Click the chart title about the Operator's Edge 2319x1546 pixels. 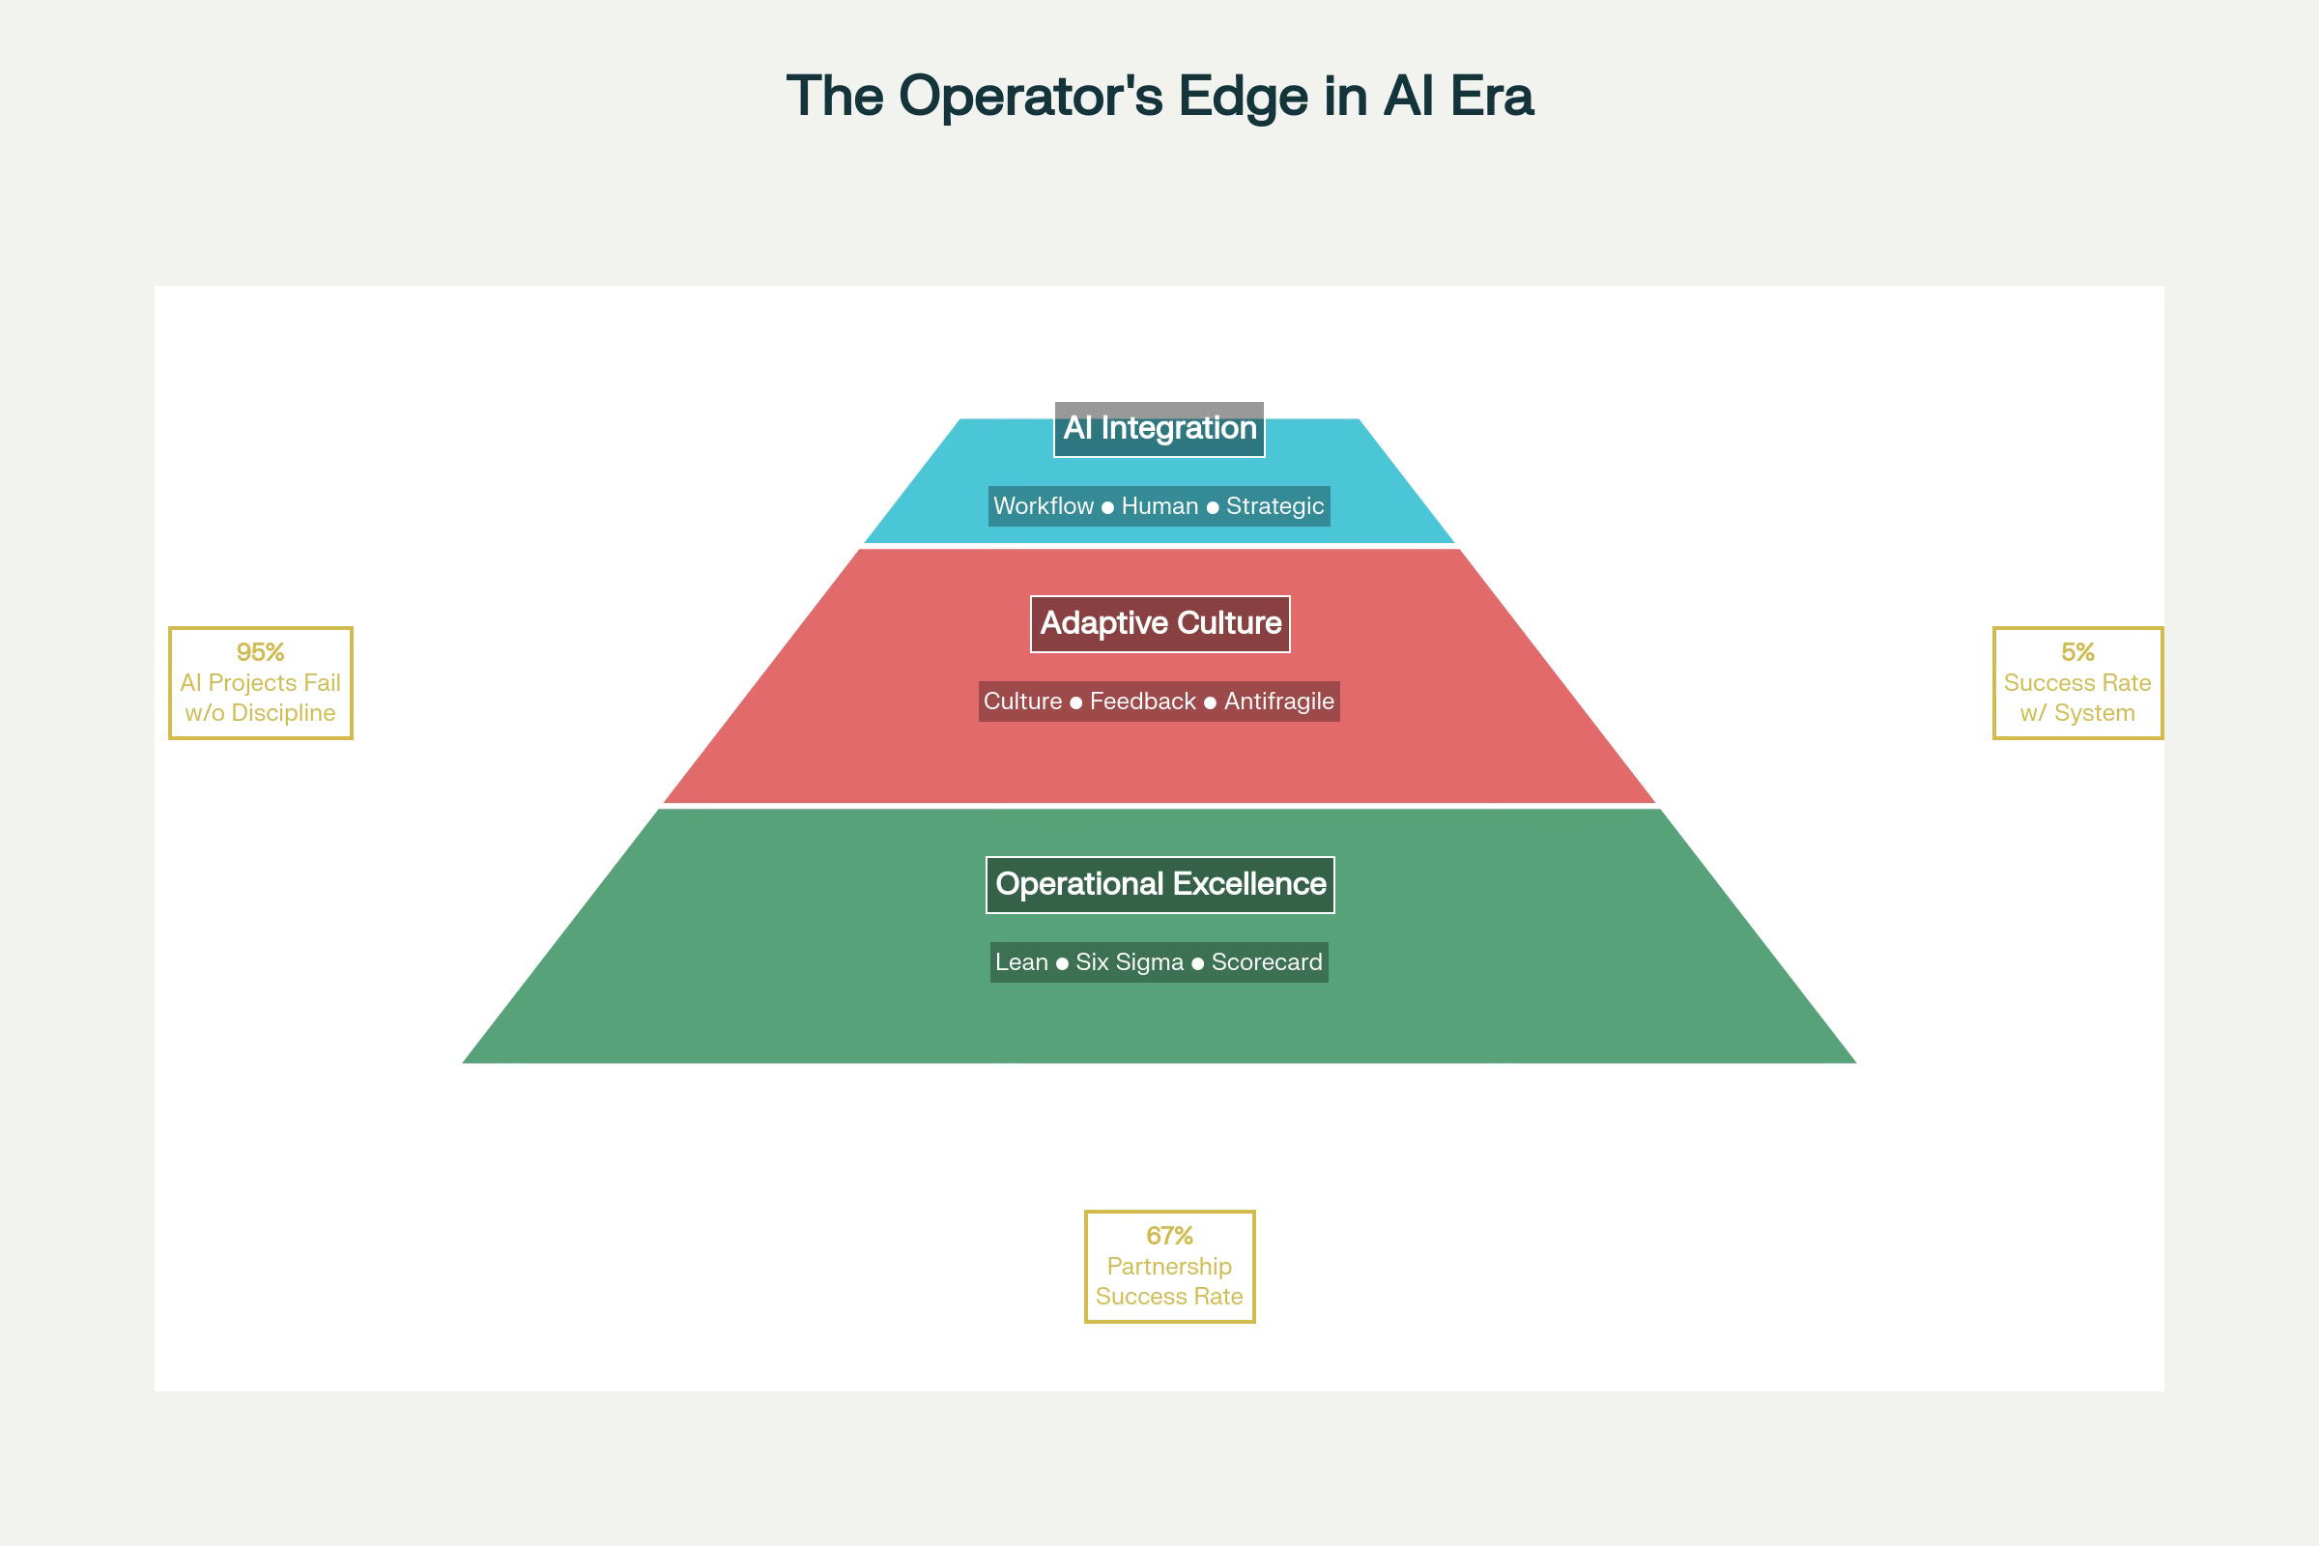coord(1159,97)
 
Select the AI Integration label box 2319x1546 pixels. coord(1159,429)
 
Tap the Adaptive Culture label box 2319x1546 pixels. coord(1160,624)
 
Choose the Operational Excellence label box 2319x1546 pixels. coord(1160,885)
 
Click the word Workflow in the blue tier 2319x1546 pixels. coord(1044,506)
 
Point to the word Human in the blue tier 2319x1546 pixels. coord(1159,506)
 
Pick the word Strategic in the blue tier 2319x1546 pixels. coord(1274,506)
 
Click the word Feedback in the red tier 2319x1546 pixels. coord(1143,702)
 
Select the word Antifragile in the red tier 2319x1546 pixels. coord(1278,702)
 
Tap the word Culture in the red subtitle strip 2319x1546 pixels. coord(1022,702)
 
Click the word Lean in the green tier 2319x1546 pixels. coord(1021,963)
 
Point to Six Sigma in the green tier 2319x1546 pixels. coord(1129,963)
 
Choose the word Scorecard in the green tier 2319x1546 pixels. coord(1267,963)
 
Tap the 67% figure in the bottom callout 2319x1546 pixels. coord(1169,1237)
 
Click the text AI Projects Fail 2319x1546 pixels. coord(260,683)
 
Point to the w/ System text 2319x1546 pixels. coord(2077,714)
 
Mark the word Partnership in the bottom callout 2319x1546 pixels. coord(1169,1267)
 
